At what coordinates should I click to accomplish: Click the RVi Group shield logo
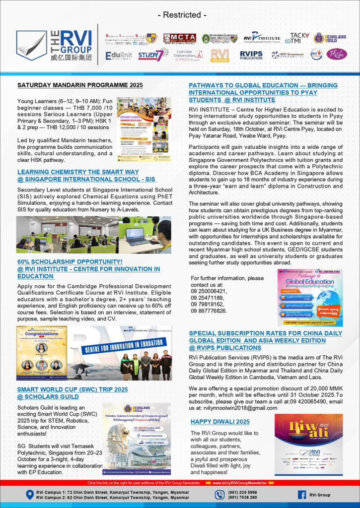tap(32, 46)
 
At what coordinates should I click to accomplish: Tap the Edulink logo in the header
tap(119, 56)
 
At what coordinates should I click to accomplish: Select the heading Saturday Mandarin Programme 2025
tap(80, 85)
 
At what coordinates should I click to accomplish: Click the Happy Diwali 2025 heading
tap(220, 422)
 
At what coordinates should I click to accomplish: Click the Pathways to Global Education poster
tap(309, 298)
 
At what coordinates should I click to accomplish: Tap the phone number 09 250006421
tap(209, 292)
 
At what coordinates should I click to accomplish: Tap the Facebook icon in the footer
tap(301, 495)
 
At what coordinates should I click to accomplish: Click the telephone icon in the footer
tap(220, 495)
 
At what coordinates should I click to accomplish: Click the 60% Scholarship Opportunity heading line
tap(70, 261)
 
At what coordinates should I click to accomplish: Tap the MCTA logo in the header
tap(179, 38)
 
